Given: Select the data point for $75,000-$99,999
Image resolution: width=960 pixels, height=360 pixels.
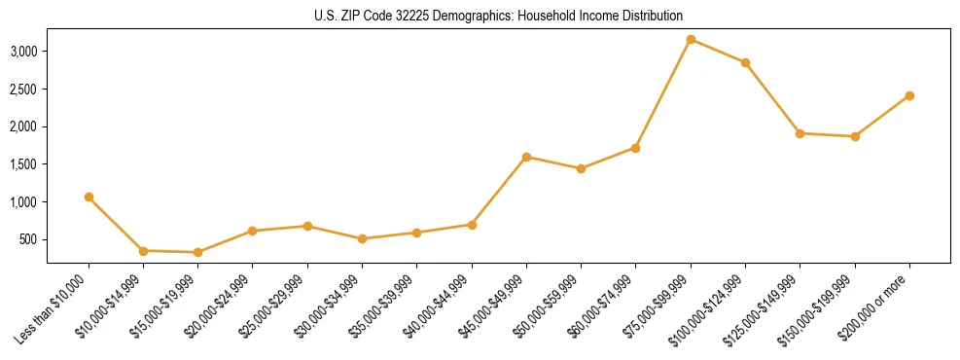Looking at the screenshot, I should [x=691, y=40].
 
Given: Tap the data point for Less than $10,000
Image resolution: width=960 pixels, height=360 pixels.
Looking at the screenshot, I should [x=89, y=198].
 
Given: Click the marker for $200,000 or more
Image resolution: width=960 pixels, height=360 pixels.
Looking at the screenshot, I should [x=909, y=95].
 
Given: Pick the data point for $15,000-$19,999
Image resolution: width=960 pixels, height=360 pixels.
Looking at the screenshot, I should [x=198, y=252].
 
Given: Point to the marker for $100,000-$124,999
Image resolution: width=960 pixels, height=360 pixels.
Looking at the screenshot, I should [x=745, y=63].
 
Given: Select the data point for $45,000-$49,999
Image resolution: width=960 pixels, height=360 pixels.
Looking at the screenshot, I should [x=526, y=157].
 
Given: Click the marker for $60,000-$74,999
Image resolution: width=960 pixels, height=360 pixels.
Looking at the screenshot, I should [x=635, y=148].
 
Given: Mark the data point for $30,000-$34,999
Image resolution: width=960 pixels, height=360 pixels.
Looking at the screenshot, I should [x=362, y=238].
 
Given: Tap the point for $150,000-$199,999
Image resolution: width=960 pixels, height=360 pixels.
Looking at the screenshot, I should [x=855, y=136].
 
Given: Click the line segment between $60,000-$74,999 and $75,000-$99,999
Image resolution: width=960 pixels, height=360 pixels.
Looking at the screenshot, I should [x=663, y=93].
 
